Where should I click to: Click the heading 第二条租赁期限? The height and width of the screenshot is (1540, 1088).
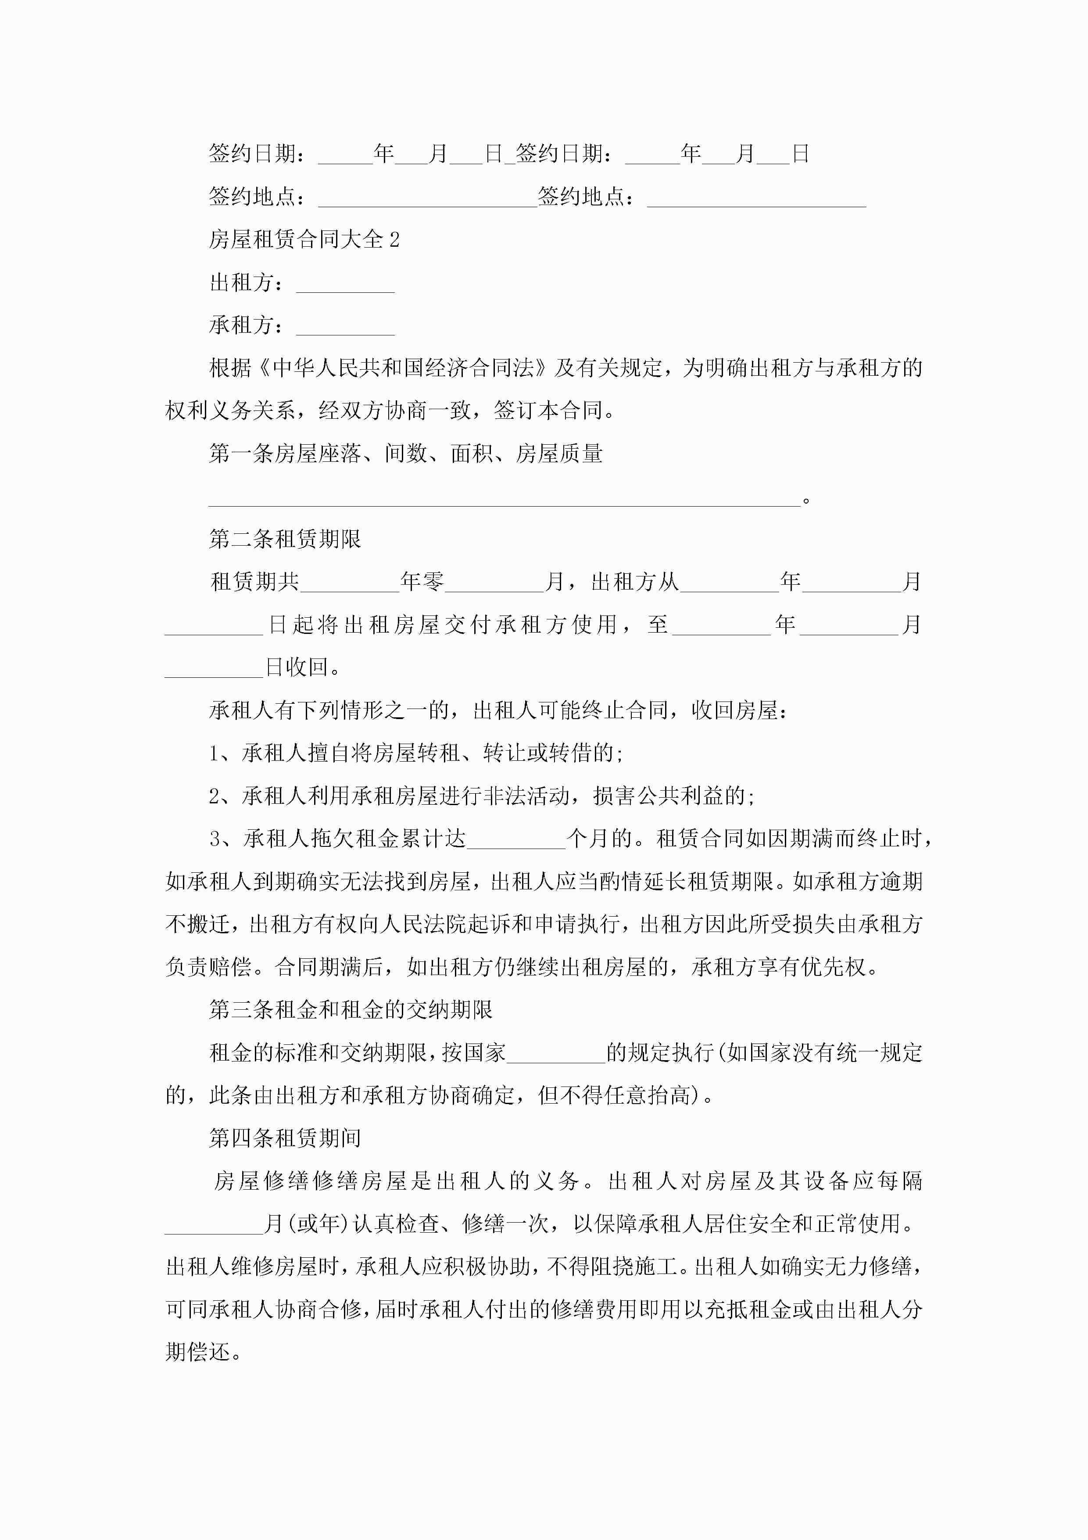click(285, 539)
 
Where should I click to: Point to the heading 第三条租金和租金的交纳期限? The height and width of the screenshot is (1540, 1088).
click(351, 1009)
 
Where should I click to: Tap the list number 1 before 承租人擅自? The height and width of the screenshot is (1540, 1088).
click(215, 753)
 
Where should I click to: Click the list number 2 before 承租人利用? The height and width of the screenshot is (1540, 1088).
click(215, 796)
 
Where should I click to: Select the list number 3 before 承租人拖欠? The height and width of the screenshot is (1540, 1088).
click(215, 839)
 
